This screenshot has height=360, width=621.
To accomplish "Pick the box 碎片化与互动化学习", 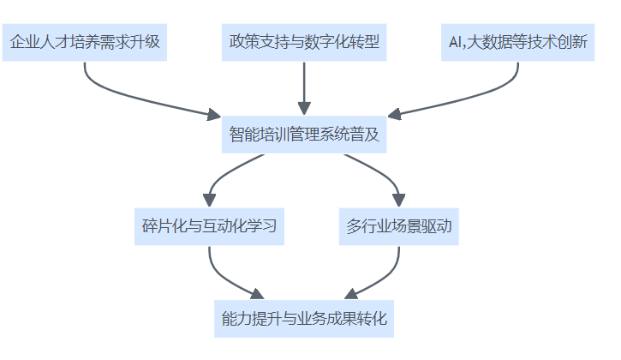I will coord(209,227).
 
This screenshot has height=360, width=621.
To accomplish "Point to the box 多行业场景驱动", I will coord(398,227).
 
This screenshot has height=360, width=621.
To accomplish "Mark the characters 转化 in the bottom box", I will coord(373,320).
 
